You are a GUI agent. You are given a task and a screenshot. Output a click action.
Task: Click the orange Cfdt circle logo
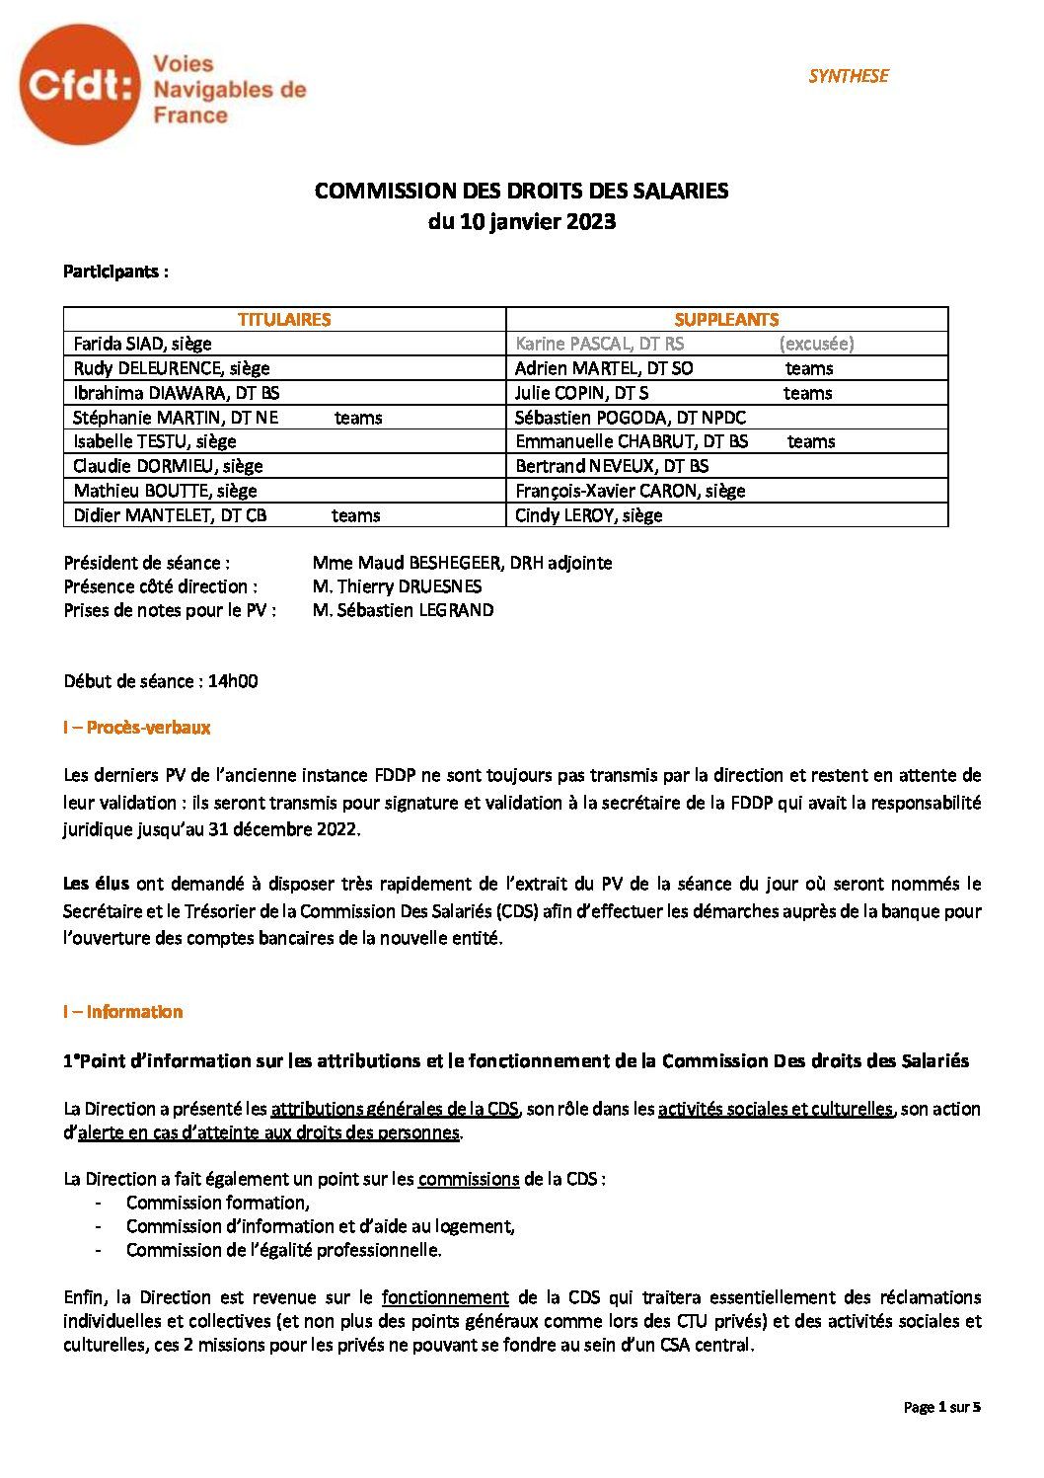click(77, 88)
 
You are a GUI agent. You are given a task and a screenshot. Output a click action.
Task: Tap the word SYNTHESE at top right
click(848, 76)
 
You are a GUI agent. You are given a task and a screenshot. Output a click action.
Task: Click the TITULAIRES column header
click(284, 319)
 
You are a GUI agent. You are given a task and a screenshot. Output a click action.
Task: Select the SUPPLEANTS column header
click(726, 319)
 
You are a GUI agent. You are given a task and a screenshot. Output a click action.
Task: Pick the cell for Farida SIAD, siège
click(143, 344)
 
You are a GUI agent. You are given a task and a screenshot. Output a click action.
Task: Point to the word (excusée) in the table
click(816, 344)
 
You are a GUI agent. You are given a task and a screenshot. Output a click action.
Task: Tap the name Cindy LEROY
click(588, 515)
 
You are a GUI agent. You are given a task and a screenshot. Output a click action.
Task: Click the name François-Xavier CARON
click(630, 491)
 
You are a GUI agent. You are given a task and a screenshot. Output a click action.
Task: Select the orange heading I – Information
click(122, 1012)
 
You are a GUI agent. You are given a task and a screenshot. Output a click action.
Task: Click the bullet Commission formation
click(217, 1203)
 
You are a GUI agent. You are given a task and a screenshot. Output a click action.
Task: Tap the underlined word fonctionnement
click(445, 1297)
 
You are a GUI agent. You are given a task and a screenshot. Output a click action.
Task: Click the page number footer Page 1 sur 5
click(941, 1407)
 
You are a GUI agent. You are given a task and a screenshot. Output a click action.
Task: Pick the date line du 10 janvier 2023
click(521, 221)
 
